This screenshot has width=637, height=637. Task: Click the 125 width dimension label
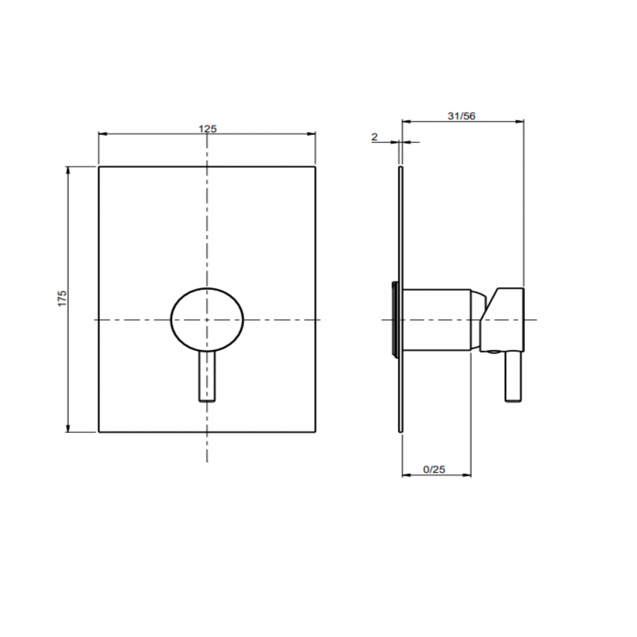207,129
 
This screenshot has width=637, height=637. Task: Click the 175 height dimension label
62,298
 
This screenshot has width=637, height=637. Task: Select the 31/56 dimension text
461,116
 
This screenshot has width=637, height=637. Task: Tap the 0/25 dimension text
434,469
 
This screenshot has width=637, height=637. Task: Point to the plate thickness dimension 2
374,137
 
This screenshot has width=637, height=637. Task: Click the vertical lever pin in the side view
513,377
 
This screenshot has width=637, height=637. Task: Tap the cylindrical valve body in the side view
436,320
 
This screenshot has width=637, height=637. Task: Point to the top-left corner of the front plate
99,167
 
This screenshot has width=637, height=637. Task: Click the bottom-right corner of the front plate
315,432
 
